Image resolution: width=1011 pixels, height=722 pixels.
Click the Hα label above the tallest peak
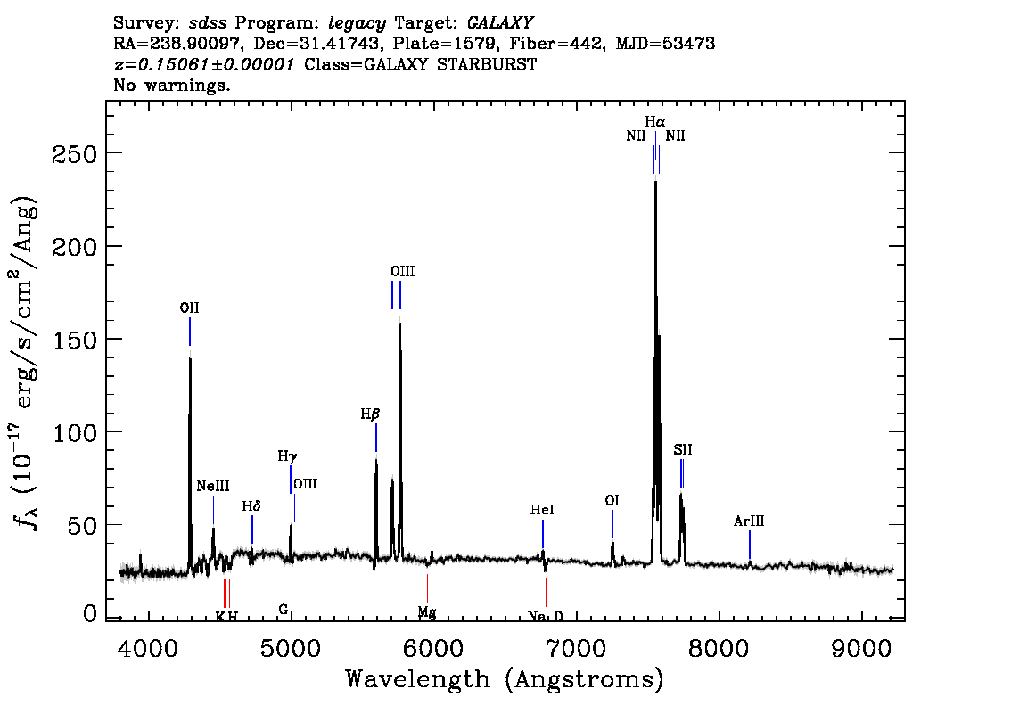point(655,121)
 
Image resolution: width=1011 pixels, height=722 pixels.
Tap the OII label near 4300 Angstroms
point(190,308)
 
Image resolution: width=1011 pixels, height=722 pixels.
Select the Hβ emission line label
point(370,414)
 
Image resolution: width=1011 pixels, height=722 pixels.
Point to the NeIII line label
point(213,486)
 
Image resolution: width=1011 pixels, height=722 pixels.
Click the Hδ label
point(251,506)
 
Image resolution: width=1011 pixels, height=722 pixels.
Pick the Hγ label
point(288,456)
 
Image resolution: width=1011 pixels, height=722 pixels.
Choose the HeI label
point(542,510)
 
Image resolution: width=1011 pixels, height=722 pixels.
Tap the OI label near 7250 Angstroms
point(612,501)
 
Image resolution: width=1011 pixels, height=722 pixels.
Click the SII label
point(683,450)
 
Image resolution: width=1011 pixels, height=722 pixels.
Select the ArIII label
point(749,521)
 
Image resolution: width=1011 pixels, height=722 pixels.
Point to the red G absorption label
point(283,609)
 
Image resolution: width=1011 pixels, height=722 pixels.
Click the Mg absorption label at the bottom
point(427,612)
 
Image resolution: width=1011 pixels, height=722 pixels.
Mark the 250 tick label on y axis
point(75,154)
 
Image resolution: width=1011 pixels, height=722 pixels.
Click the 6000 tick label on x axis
point(433,649)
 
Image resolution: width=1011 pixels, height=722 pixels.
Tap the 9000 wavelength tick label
point(860,649)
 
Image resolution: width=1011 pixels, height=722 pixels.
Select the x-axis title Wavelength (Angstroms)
point(505,679)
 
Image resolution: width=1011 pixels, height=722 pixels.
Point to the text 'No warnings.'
point(172,85)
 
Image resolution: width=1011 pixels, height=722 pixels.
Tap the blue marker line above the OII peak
point(190,332)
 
